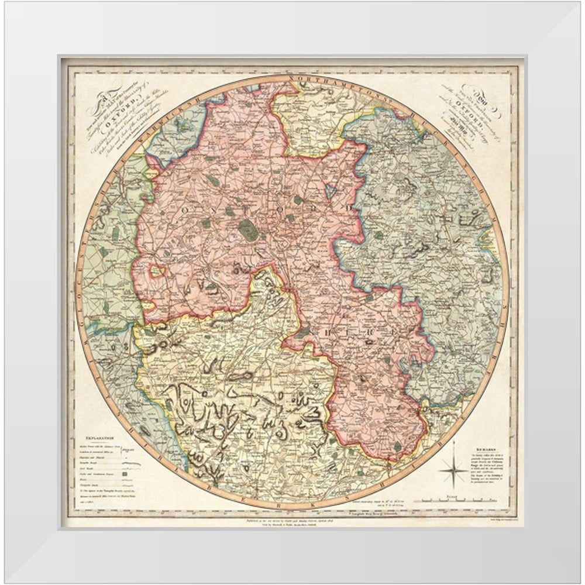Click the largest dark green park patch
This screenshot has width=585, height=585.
[249, 230]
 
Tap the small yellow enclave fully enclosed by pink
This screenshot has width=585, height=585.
[156, 271]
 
